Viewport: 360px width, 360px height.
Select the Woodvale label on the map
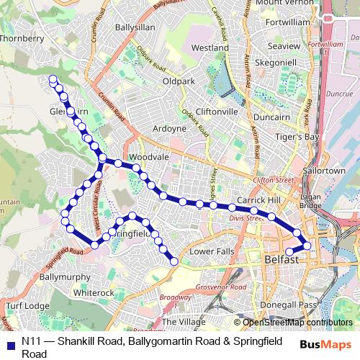[148, 156]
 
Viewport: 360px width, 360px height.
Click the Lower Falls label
[211, 251]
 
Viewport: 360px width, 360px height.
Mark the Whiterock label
[94, 293]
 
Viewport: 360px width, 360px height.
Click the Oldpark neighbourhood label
[179, 81]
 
